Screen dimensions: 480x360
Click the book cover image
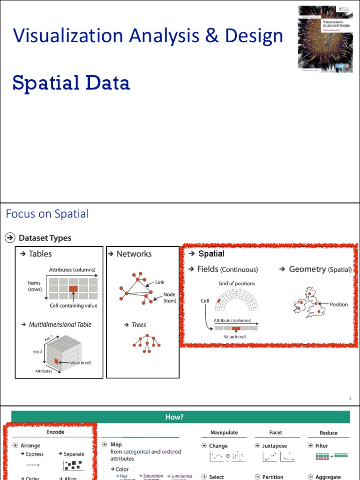click(325, 39)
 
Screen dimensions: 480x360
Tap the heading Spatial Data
click(71, 83)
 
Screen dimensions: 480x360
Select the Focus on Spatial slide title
click(47, 214)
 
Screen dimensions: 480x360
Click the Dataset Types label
click(45, 238)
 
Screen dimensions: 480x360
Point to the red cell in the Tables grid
click(74, 289)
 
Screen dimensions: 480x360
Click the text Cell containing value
click(74, 306)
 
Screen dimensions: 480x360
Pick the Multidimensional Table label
click(60, 324)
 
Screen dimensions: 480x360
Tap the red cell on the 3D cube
click(56, 361)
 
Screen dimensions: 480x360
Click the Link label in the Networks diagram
click(160, 283)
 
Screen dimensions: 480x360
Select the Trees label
click(139, 325)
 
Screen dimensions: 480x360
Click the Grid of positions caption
click(237, 284)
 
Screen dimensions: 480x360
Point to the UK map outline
click(309, 303)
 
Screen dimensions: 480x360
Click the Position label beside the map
click(338, 305)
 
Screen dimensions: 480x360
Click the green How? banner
click(180, 417)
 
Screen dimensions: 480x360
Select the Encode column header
click(55, 432)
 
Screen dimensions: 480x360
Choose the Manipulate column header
click(224, 433)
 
